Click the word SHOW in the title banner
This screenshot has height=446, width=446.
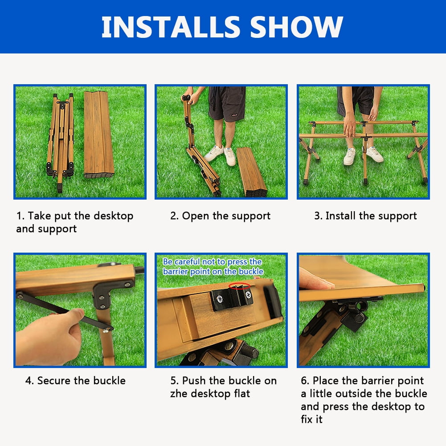(x=297, y=27)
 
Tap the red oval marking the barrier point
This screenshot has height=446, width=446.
(x=240, y=286)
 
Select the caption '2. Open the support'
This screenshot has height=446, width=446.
(x=221, y=216)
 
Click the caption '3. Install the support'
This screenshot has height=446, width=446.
(x=365, y=216)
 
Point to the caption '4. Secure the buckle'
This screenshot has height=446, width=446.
(x=75, y=381)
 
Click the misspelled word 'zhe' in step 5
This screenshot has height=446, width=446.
(x=179, y=394)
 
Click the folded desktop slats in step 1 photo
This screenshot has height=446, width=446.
(x=99, y=134)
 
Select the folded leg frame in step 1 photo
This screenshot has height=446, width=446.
(x=60, y=142)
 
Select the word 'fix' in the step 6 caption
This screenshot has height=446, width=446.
(x=308, y=419)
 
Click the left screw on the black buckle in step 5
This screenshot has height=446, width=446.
(x=220, y=299)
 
